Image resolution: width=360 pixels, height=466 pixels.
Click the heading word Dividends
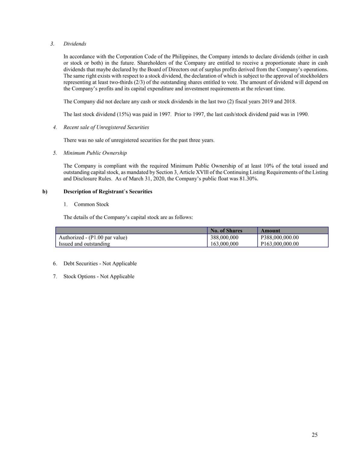[x=75, y=44]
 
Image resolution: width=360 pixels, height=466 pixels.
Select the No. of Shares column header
[x=226, y=230]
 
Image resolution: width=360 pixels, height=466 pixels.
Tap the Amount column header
[x=270, y=230]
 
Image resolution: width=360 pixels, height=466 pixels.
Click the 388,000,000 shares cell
[x=224, y=237]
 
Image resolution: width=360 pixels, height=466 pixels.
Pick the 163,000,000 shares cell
[x=224, y=244]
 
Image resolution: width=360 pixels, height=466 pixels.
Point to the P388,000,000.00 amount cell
[x=280, y=237]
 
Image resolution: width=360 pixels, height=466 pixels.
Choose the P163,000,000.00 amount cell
[x=280, y=244]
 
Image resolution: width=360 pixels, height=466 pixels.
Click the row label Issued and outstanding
[x=84, y=244]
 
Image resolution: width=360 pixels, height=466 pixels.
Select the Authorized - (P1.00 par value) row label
[x=93, y=237]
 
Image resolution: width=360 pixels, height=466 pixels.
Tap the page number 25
[x=314, y=435]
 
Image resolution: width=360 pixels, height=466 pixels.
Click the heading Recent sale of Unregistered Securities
[x=106, y=127]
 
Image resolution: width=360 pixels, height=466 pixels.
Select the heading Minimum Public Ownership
[x=95, y=153]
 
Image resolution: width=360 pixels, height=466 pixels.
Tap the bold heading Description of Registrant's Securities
[x=108, y=191]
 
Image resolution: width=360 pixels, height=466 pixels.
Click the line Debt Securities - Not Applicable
[x=100, y=263]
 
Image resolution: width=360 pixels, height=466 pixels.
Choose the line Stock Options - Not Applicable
[x=99, y=276]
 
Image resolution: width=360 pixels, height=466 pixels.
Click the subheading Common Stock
[x=91, y=204]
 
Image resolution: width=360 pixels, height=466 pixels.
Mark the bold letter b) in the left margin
[x=45, y=191]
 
